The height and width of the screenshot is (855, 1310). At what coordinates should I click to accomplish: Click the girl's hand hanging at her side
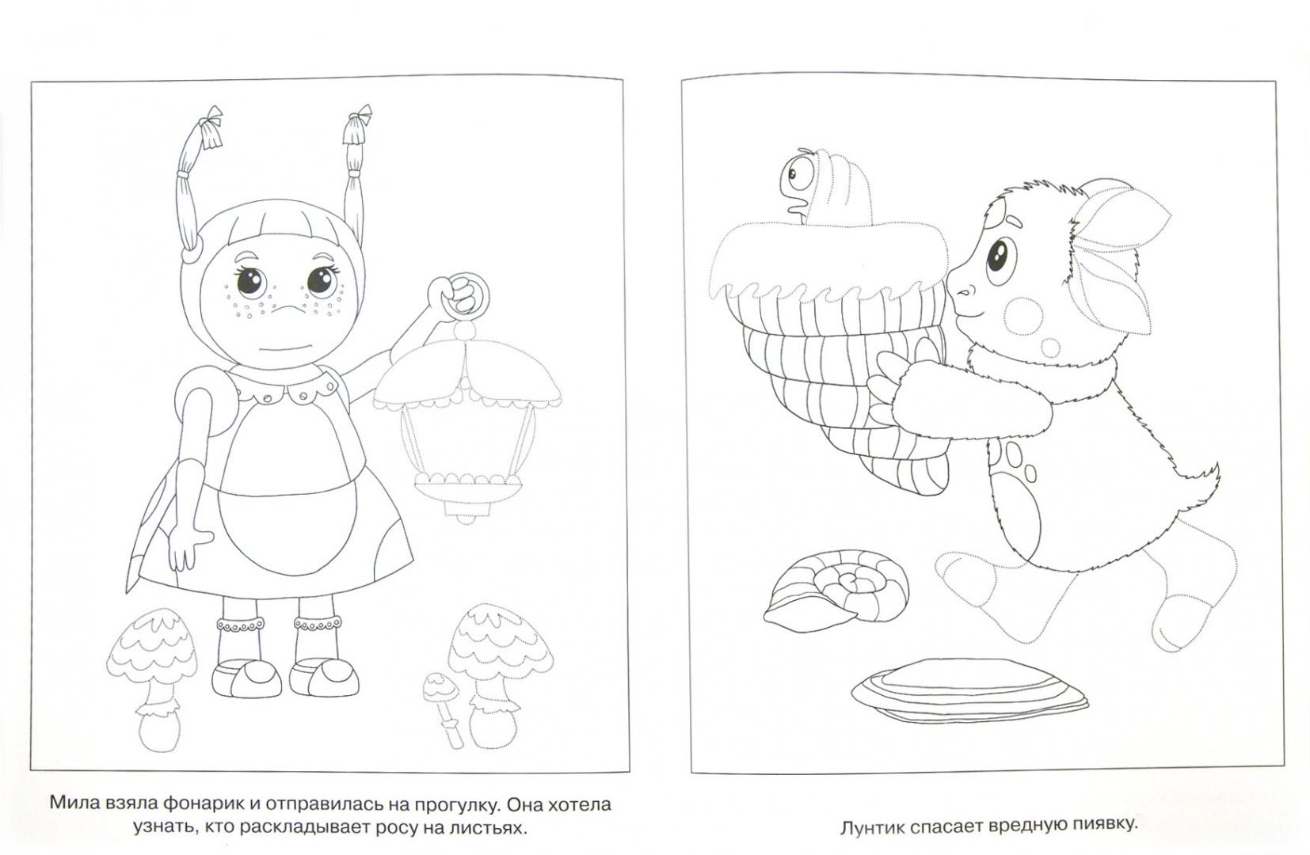186,546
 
